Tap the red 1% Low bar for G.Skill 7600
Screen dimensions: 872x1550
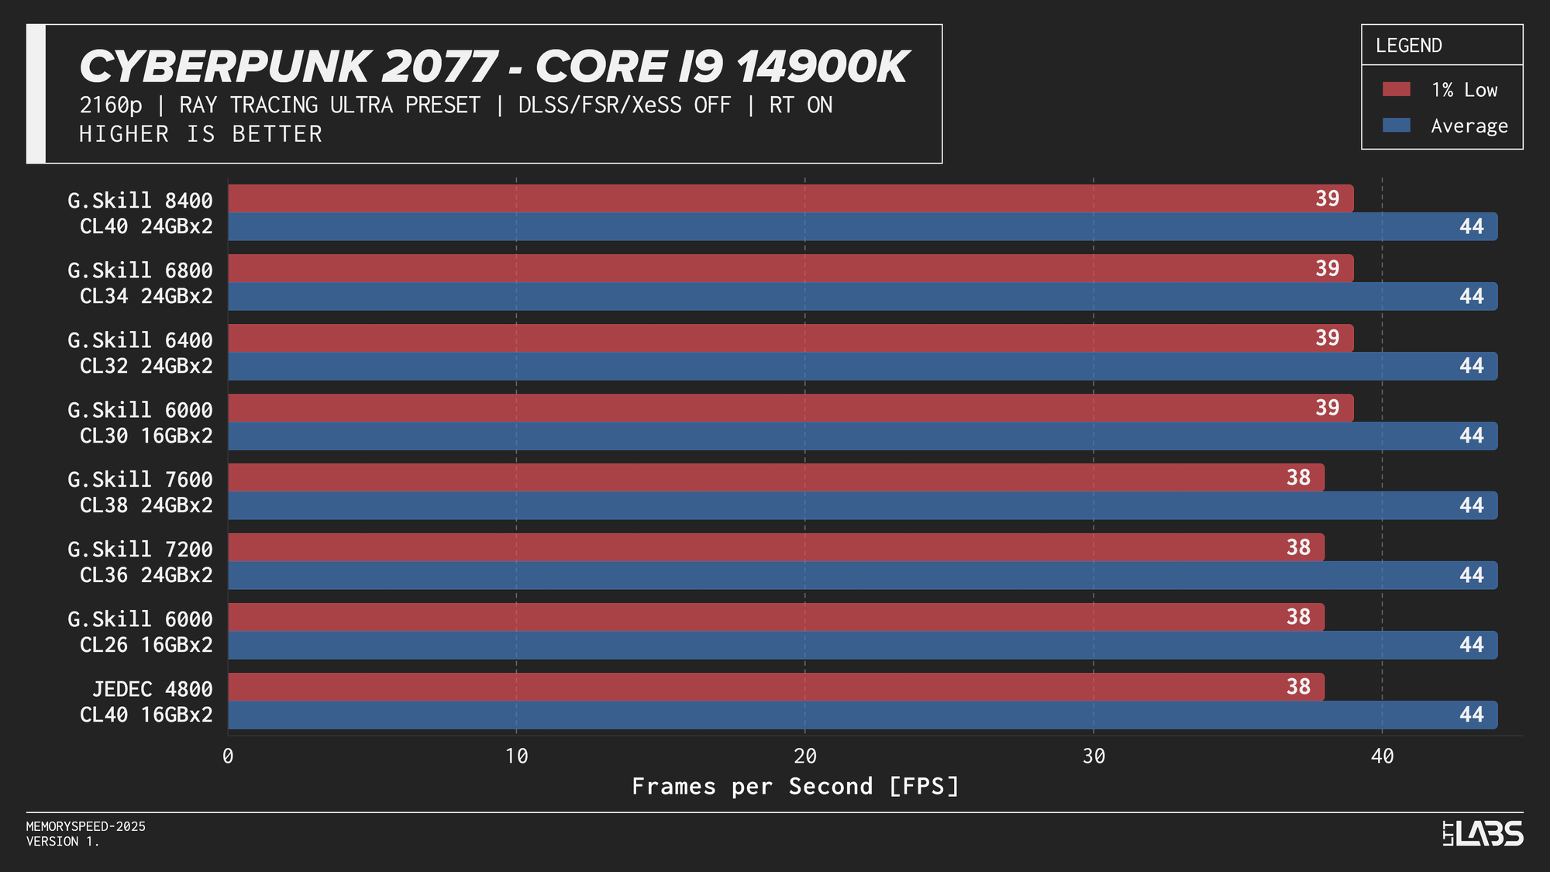776,477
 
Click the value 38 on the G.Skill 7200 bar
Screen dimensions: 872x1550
1298,547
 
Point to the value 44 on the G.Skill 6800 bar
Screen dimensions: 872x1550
1471,296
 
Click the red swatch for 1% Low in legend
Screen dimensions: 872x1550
1396,90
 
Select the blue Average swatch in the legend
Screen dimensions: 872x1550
1396,126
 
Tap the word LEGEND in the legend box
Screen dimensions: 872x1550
1408,46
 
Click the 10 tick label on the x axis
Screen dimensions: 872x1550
516,757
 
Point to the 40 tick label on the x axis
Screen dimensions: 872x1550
1382,757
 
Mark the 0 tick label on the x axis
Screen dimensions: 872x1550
228,757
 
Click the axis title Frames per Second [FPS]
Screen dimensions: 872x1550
796,787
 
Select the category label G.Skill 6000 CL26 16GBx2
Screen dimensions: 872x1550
140,632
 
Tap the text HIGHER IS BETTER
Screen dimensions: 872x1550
201,134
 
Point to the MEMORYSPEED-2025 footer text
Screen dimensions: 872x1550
86,827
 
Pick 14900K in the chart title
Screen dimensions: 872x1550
821,67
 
